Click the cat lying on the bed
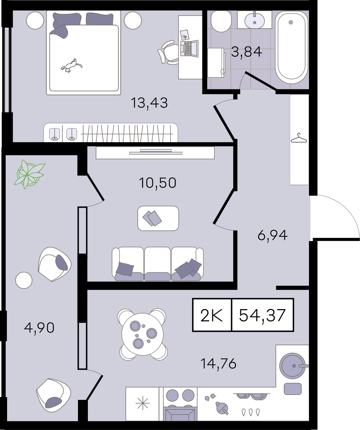tap(72, 66)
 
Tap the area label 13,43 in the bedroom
tap(149, 103)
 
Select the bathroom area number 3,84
tap(247, 52)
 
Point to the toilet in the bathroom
tap(221, 21)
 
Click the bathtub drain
tap(291, 22)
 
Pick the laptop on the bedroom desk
tap(189, 49)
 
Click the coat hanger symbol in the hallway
tap(299, 138)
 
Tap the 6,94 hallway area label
tap(272, 235)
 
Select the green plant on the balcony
tap(29, 174)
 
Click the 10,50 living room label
tap(157, 183)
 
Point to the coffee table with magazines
tap(158, 218)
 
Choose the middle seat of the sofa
tap(157, 264)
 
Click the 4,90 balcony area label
tap(39, 328)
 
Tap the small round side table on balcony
tap(24, 280)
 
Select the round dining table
tap(142, 334)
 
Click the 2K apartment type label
tap(212, 315)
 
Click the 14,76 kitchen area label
tap(218, 363)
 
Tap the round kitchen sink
tap(292, 366)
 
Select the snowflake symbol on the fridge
tap(142, 403)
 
